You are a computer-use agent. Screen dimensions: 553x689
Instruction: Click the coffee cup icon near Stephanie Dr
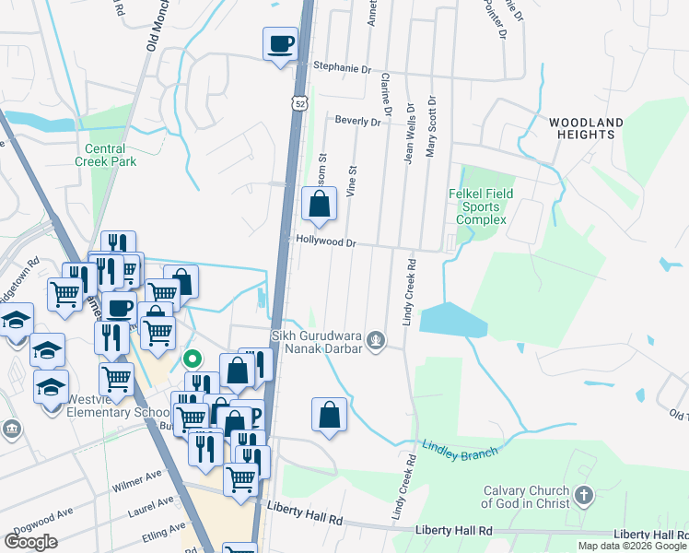point(281,43)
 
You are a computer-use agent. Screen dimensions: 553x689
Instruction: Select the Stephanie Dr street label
point(341,67)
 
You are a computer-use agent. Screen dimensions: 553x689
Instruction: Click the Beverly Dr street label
point(357,121)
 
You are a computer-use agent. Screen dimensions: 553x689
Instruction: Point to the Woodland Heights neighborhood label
point(586,128)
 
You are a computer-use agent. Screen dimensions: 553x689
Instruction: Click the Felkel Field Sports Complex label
point(481,206)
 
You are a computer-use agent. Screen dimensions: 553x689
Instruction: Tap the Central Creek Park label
point(111,155)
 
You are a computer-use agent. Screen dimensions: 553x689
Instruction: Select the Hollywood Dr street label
point(325,241)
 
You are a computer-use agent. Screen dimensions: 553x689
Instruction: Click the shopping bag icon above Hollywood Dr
point(319,206)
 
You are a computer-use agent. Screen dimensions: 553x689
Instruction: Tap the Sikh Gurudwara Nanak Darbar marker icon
point(375,340)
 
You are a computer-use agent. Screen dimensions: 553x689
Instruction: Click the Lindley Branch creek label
point(460,449)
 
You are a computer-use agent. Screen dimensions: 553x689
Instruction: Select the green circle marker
point(192,359)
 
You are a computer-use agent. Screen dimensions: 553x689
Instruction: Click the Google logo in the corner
point(30,541)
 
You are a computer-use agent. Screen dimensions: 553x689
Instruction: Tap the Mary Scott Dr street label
point(429,129)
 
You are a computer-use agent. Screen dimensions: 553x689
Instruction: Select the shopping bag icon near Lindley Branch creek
point(330,416)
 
